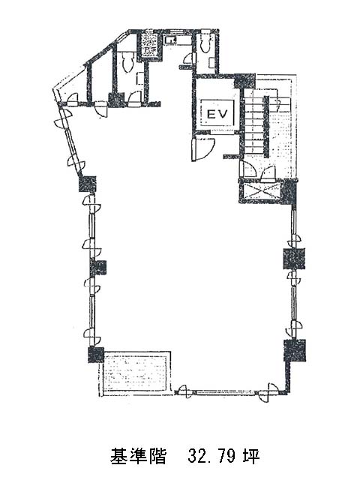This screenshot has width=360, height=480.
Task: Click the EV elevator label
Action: pos(217,114)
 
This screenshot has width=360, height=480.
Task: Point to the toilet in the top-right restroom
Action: pos(203,43)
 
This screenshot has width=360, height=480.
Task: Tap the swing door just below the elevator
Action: pos(202,149)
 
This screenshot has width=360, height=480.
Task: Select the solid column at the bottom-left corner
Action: pos(96,355)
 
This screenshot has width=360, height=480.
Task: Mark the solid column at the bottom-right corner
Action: pos(295,350)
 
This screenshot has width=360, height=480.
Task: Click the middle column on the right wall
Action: pos(293,259)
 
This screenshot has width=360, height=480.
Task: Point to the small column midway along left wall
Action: pos(98,268)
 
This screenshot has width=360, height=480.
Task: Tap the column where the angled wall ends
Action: pos(88,184)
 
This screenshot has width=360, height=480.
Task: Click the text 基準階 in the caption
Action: pos(138,457)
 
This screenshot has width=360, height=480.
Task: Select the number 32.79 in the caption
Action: pos(211,457)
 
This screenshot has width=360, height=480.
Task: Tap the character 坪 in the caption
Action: pos(251,457)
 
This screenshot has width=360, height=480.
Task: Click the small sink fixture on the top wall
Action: pos(171,40)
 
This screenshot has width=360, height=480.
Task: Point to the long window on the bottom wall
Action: pos(227,391)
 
